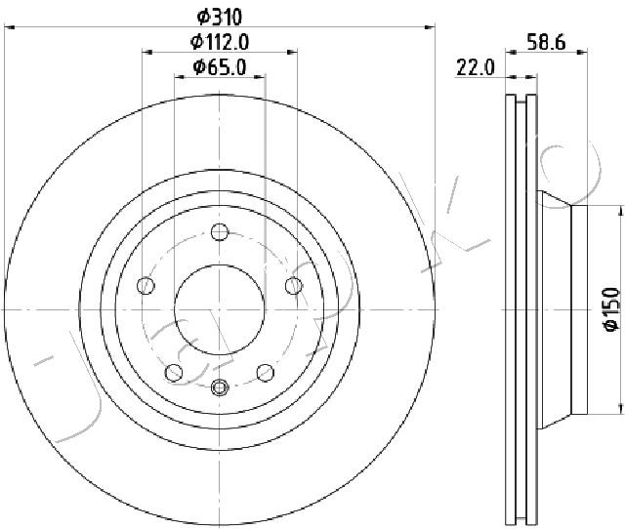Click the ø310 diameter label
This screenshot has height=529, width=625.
coord(220,17)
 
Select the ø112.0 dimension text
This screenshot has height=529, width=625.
coord(220,42)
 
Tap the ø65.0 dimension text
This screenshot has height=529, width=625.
coord(220,67)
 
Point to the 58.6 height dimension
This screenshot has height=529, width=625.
coord(546,42)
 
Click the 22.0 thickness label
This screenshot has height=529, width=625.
coord(476,67)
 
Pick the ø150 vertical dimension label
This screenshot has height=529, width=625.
coord(611,309)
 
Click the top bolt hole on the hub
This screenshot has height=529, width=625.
coord(220,232)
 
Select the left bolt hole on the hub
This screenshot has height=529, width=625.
coord(146,286)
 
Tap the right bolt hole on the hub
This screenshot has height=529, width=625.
coord(294,286)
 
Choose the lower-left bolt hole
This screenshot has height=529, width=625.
coord(174,373)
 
